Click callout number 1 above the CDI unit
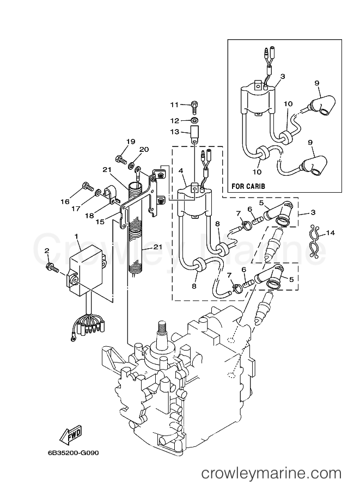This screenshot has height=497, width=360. tap(77, 237)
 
